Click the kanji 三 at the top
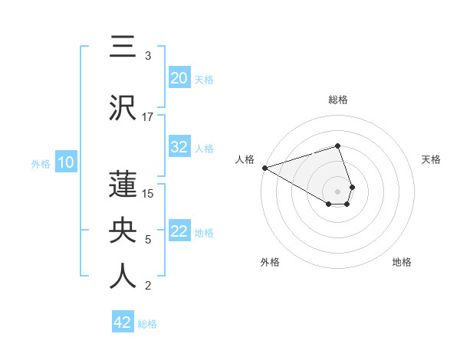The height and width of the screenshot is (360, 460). coord(123,47)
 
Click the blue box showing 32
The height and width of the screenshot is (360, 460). coord(179,147)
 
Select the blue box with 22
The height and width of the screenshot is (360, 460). coord(179,231)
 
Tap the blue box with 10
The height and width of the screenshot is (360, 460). coord(66,162)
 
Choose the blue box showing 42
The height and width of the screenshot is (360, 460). coord(123,322)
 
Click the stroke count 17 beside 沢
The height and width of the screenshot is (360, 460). coord(148,116)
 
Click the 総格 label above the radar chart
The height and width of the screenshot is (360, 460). coord(338,100)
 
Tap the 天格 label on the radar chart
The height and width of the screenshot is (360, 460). coord(431,159)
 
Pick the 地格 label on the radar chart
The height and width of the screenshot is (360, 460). coord(402,262)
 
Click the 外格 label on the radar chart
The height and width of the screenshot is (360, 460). coord(270,262)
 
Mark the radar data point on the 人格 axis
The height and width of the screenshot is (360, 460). coord(264,168)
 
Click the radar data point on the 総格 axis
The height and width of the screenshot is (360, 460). coord(337,146)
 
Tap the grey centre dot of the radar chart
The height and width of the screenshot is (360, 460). coord(337,191)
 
